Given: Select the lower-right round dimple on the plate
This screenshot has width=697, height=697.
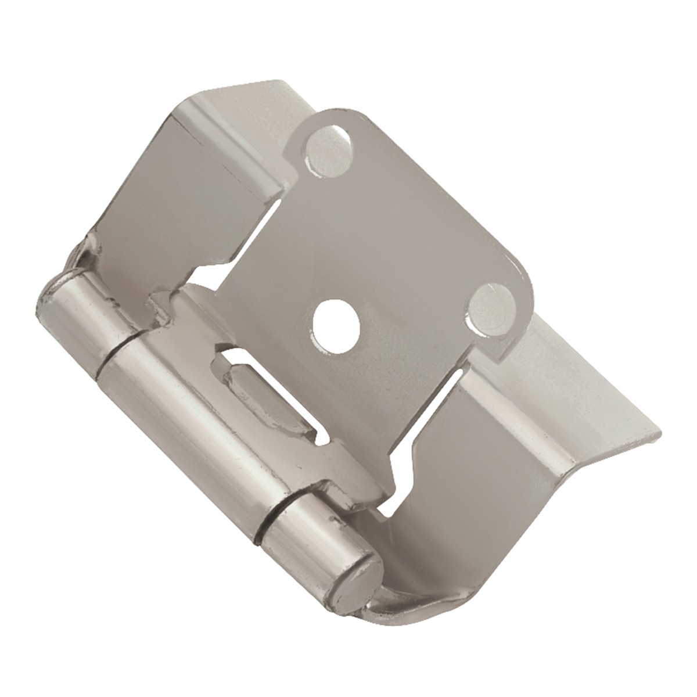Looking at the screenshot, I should (492, 303).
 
